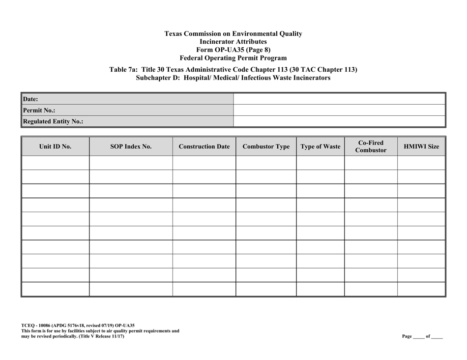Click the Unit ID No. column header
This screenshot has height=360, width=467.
[x=56, y=146]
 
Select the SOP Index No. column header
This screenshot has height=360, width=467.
[x=131, y=146]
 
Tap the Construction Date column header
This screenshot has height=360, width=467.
[x=204, y=146]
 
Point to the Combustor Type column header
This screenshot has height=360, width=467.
[x=266, y=146]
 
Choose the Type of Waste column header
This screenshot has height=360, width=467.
[x=320, y=146]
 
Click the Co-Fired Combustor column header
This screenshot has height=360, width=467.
[x=371, y=146]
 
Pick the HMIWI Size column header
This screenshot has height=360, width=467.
[x=421, y=146]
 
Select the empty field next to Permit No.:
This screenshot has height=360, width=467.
[x=339, y=110]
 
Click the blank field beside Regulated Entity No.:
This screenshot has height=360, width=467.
[x=339, y=121]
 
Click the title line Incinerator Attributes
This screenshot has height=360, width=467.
[x=233, y=42]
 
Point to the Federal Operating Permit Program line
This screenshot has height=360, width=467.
[x=233, y=57]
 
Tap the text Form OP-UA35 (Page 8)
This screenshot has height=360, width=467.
[x=233, y=50]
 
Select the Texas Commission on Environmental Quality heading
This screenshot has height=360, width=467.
[x=233, y=34]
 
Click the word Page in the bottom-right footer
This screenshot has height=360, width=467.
[x=407, y=336]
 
